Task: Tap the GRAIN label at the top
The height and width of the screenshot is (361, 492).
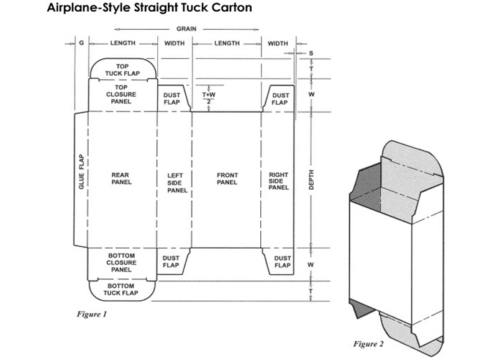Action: (x=186, y=29)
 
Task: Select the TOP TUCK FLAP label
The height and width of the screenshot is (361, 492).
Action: (x=122, y=69)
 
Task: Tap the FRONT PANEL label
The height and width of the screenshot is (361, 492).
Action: (x=227, y=179)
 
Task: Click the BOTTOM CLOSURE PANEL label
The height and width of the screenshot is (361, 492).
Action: (x=121, y=262)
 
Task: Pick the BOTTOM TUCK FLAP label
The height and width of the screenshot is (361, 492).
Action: (x=122, y=289)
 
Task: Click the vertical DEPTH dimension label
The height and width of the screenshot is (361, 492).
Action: (x=311, y=179)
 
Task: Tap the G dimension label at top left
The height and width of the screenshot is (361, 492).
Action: (x=81, y=43)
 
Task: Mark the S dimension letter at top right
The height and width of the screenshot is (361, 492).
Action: (x=311, y=53)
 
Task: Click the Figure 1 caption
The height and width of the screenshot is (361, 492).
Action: (x=91, y=314)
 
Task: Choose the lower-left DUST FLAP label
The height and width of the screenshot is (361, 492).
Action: (x=171, y=261)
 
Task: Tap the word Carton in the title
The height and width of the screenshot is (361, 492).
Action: (x=230, y=9)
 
